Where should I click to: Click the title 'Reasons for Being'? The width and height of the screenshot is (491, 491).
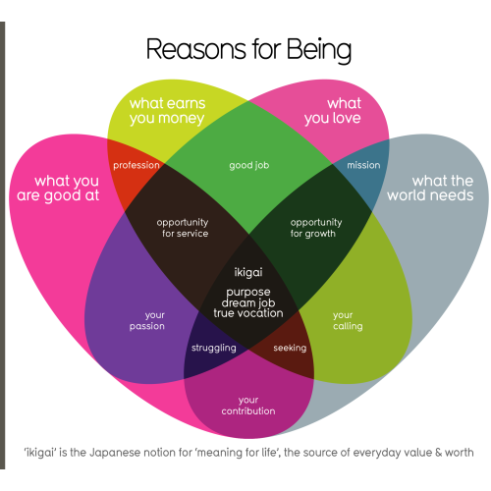tap(248, 50)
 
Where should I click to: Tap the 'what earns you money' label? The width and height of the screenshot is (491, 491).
tap(167, 111)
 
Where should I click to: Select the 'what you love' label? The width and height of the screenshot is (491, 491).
tap(333, 111)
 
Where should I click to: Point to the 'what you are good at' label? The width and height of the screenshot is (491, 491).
tap(58, 189)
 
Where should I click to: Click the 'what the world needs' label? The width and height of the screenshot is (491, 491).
tap(430, 189)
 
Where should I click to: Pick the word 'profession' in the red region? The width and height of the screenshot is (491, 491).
tap(136, 166)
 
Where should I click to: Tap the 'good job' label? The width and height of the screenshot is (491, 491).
tap(249, 166)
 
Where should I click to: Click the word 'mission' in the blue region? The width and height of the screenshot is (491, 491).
tap(363, 165)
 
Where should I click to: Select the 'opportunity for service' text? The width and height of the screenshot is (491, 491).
tap(183, 228)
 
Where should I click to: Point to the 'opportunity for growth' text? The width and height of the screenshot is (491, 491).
tap(316, 228)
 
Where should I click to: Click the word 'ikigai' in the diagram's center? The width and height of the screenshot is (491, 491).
tap(248, 272)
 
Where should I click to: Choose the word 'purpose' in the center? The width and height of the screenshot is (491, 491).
tap(248, 293)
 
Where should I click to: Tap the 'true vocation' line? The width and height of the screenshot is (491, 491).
tap(248, 313)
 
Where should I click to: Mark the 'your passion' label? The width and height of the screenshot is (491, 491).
tap(147, 321)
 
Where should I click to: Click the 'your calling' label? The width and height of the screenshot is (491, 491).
tap(348, 321)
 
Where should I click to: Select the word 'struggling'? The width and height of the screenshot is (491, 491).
tap(214, 348)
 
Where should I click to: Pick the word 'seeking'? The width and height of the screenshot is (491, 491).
tap(290, 348)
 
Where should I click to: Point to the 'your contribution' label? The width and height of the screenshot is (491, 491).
tap(248, 406)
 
